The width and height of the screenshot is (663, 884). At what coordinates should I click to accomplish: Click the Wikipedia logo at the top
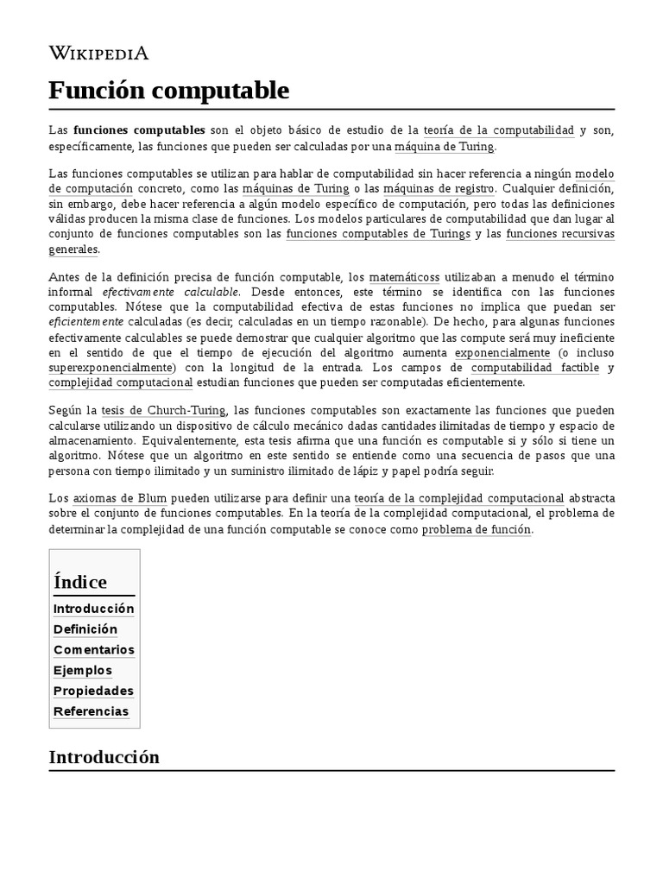(98, 54)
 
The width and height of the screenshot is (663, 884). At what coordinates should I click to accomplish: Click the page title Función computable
(169, 90)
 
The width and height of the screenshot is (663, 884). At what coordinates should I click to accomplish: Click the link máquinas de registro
(440, 188)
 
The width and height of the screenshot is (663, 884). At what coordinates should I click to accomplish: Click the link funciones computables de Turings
(378, 234)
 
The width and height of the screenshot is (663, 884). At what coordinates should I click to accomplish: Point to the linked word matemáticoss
(404, 277)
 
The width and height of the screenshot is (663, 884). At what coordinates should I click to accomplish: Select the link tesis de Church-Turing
(163, 410)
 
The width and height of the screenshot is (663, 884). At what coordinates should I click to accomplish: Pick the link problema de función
(477, 529)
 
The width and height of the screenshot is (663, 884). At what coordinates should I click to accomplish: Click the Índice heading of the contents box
(80, 581)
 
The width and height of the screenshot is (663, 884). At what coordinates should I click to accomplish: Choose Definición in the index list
(85, 628)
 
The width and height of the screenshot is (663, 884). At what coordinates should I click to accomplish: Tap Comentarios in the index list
(93, 649)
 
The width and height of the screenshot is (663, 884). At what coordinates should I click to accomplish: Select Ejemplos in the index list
(83, 670)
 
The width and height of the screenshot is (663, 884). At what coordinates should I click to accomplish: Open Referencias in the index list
(91, 711)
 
